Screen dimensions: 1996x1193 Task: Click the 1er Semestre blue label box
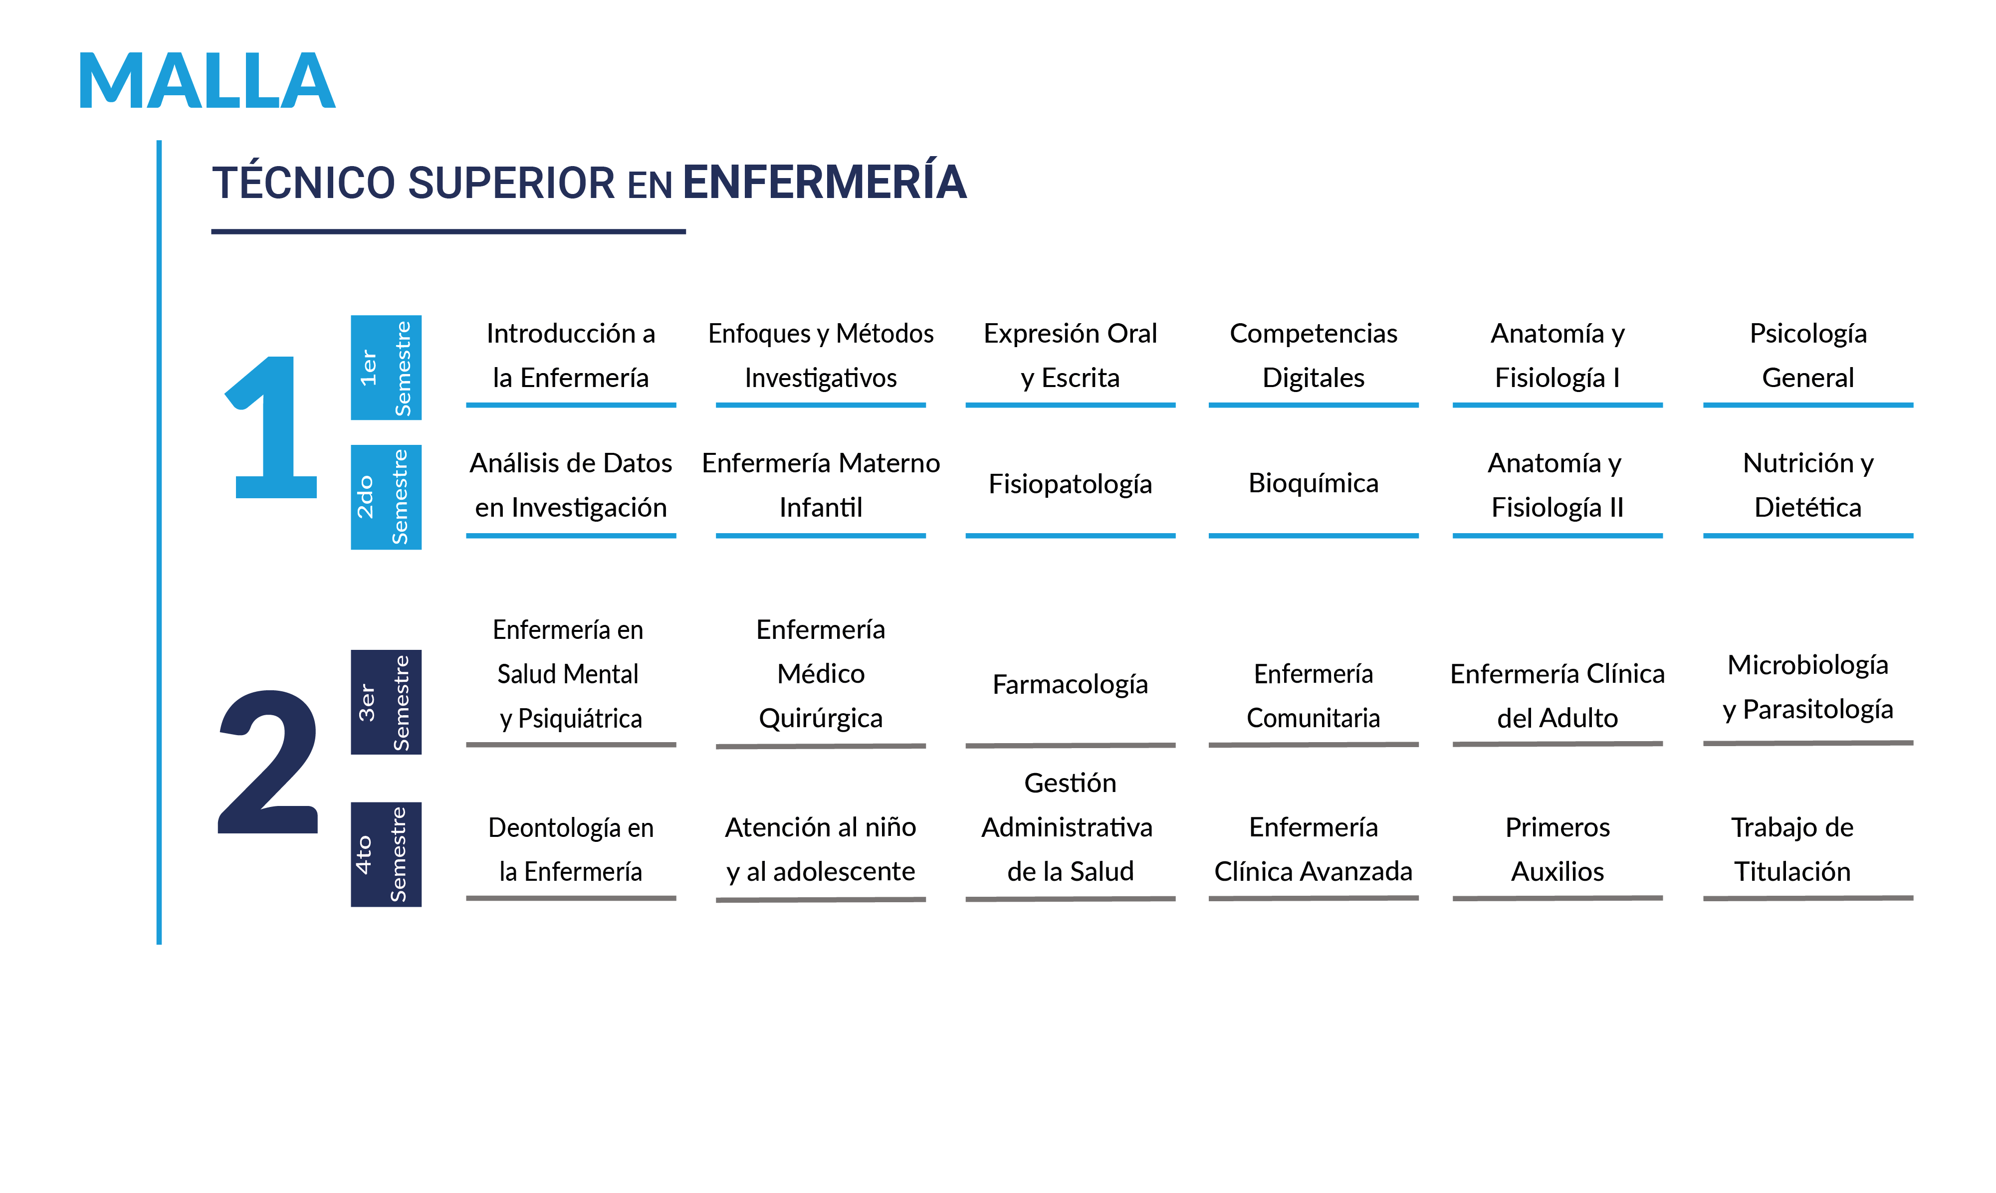(386, 368)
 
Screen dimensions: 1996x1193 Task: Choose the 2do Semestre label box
(386, 497)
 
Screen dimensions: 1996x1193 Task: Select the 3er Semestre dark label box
(386, 702)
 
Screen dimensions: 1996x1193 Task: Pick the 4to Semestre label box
(386, 854)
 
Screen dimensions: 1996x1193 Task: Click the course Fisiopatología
(1070, 484)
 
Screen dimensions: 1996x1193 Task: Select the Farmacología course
(1070, 684)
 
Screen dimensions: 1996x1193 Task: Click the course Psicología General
(1808, 355)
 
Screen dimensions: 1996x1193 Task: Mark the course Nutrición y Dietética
(1808, 485)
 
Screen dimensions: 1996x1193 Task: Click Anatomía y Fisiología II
(1557, 485)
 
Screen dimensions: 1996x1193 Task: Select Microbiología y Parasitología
(1808, 687)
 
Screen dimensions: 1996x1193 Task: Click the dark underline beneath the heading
(448, 231)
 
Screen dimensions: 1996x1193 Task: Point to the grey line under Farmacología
(1070, 745)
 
